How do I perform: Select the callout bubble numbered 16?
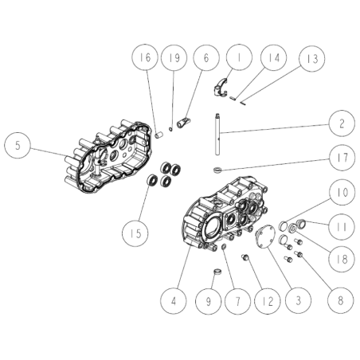pos(145,58)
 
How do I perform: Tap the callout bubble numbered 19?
pos(174,58)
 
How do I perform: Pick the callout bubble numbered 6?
pos(205,58)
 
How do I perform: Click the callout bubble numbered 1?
pos(238,58)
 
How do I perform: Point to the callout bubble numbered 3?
pos(299,301)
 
